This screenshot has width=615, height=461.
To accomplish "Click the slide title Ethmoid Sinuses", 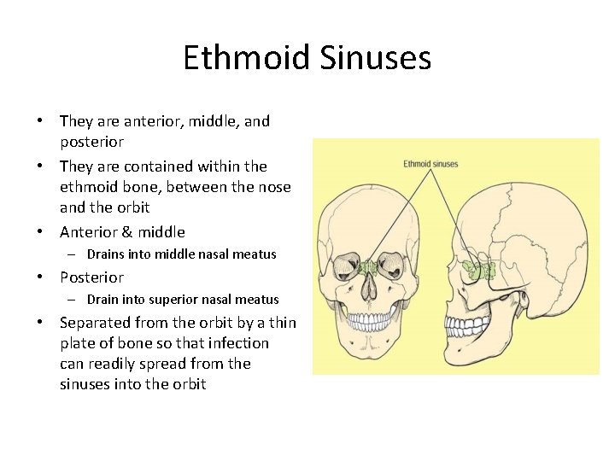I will coord(307,58).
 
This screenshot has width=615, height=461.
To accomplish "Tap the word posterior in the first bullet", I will coord(91,142).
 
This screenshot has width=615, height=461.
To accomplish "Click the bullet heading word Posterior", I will coord(91,277).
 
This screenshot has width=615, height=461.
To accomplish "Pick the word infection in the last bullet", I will coord(236,343).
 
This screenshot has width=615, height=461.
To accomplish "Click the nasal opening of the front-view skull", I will coord(367,290).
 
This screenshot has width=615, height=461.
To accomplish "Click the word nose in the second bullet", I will coord(272,187).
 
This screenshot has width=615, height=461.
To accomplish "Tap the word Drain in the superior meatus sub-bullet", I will coord(103,300).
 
